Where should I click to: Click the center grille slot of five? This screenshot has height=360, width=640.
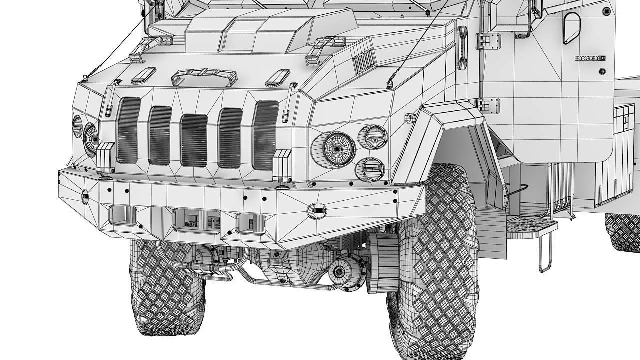click(194, 140)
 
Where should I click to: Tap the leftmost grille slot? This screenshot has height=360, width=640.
click(128, 130)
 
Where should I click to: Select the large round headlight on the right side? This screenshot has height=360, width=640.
click(338, 149)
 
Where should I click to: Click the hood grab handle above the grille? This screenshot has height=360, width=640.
click(204, 76)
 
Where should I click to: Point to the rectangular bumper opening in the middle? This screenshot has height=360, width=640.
click(197, 219)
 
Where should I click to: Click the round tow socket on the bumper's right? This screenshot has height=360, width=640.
click(316, 211)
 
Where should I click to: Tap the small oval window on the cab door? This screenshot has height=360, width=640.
click(571, 27)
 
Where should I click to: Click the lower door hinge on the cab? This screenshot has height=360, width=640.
click(488, 105)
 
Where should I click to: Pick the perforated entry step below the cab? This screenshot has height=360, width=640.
click(531, 226)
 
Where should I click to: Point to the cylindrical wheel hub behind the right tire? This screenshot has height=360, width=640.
click(382, 262)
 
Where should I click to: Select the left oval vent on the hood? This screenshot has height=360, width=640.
click(143, 75)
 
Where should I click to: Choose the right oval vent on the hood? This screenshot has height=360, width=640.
click(277, 77)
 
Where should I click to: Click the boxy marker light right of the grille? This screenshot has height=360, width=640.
click(282, 163)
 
